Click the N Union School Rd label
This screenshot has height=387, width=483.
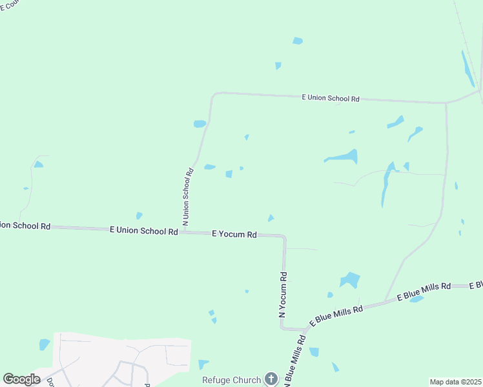pos(187,196)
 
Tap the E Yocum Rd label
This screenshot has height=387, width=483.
pos(234,235)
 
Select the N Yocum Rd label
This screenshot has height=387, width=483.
pos(283,294)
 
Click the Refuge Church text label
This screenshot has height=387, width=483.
pos(231,380)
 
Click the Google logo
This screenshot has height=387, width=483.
pos(21,379)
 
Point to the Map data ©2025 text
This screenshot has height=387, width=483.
pos(455,382)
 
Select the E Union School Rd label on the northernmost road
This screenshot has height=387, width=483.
pos(331,98)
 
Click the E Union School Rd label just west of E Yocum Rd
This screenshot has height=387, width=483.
pos(143,230)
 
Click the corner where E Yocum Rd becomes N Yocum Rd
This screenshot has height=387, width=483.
pos(283,237)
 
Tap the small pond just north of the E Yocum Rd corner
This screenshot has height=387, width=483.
pos(271,218)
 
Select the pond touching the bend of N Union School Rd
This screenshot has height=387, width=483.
pos(200,124)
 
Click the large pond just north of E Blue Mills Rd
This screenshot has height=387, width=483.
pos(350,280)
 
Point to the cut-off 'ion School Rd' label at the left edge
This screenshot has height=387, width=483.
pos(25,226)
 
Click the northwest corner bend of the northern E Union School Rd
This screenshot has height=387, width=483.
pos(214,95)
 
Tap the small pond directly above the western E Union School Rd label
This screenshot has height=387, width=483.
pos(139,216)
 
